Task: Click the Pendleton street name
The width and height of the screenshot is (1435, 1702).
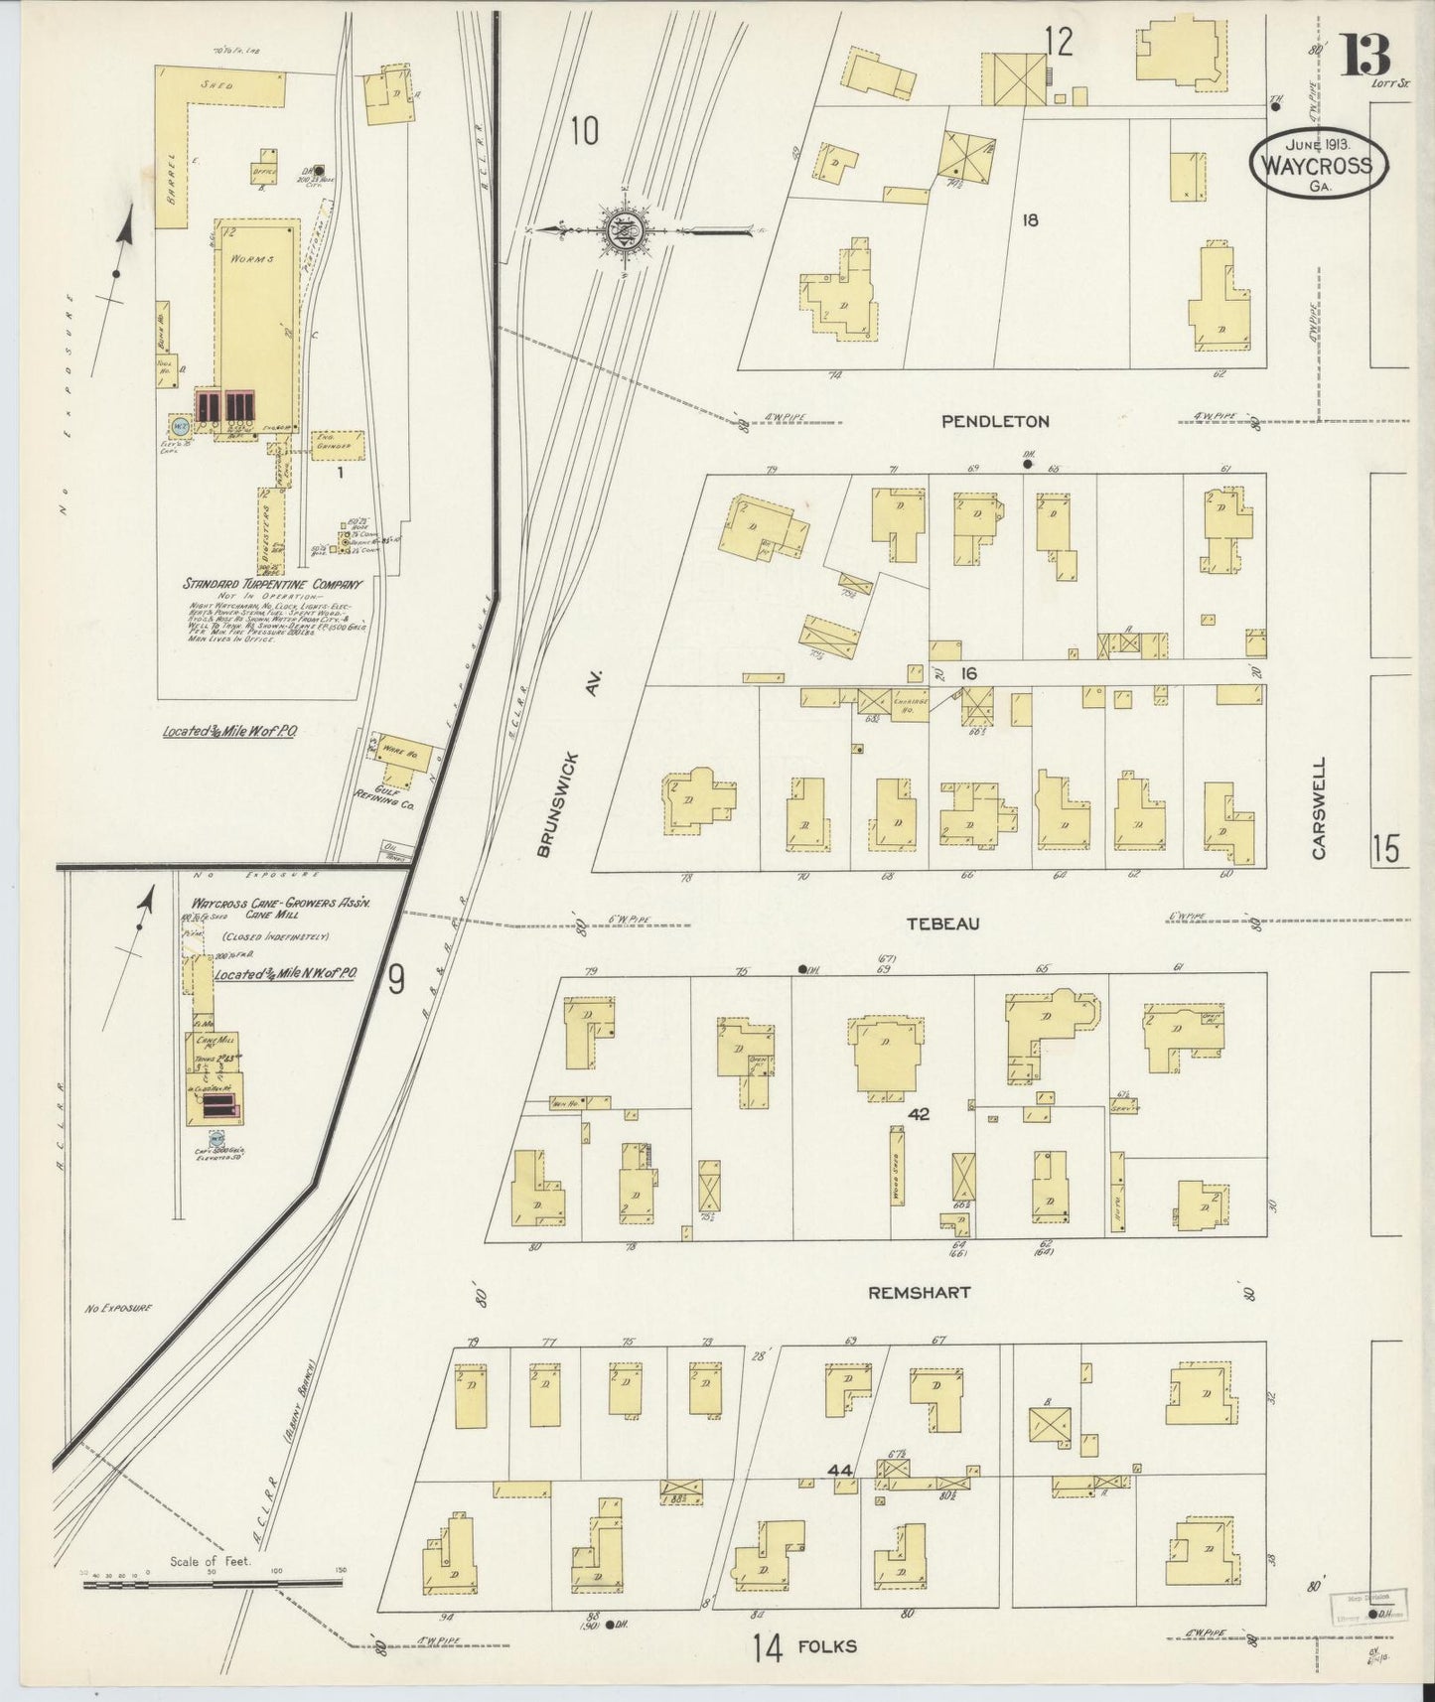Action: pos(994,421)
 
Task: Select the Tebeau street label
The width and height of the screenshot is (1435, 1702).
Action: pos(942,923)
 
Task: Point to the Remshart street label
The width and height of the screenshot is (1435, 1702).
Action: pos(919,1293)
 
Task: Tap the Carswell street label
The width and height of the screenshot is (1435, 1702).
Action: pos(1319,808)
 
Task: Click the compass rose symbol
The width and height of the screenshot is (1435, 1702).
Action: pos(625,231)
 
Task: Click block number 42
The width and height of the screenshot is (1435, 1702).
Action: pos(918,1115)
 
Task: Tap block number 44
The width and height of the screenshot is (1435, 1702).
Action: pos(840,1470)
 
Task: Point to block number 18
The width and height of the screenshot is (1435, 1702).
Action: pos(1030,219)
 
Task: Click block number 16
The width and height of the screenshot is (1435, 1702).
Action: pos(968,673)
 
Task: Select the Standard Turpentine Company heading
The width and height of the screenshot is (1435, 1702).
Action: pos(272,585)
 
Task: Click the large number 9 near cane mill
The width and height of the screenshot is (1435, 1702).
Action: pos(395,981)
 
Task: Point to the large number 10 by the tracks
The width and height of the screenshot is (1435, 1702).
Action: pos(585,130)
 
